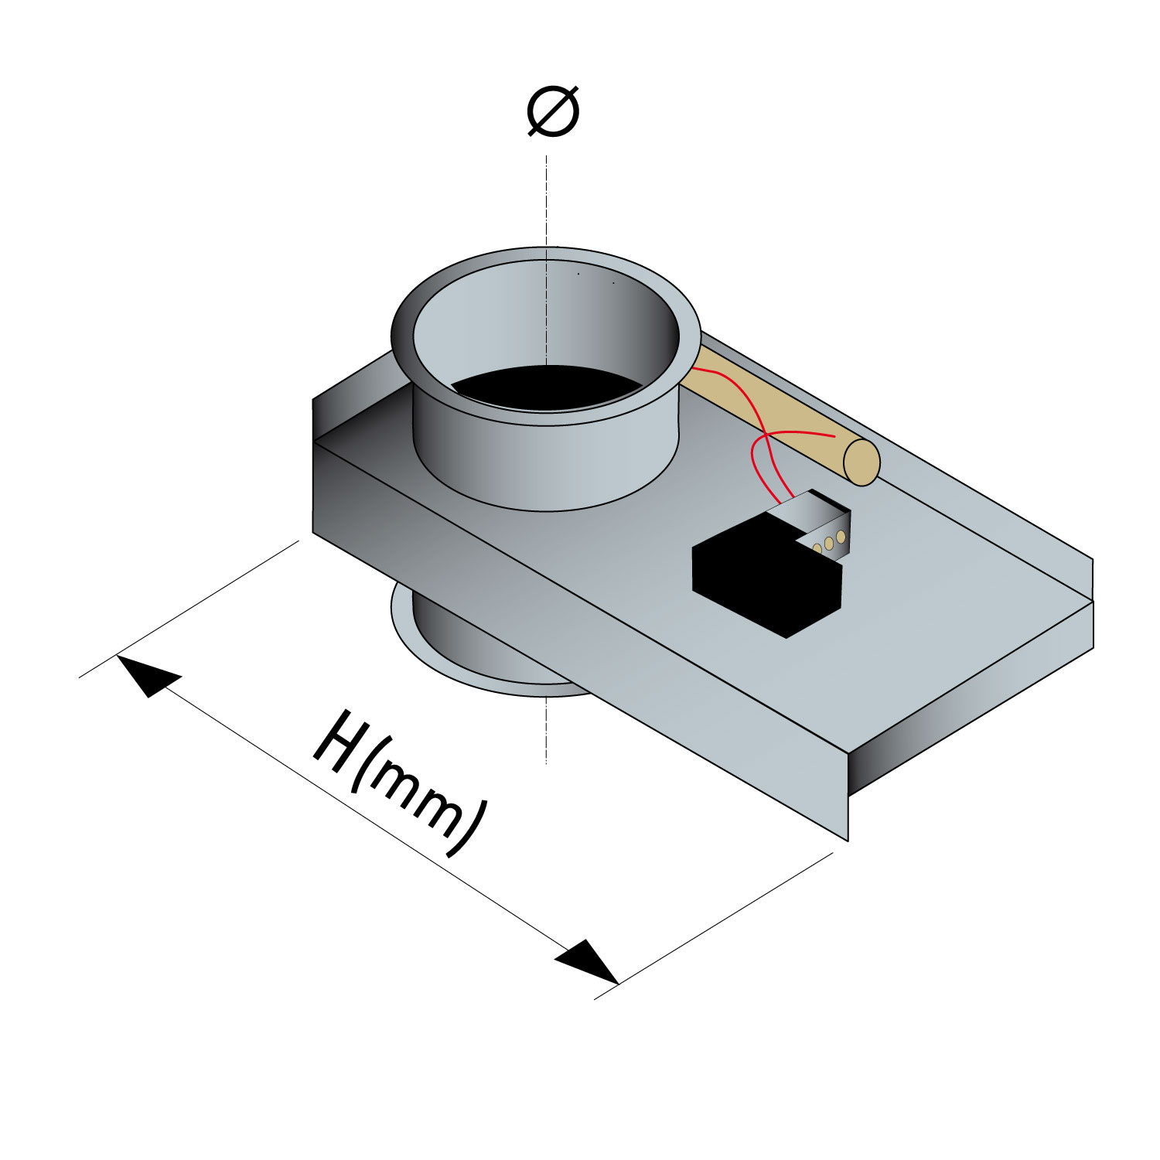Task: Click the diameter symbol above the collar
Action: pos(553,113)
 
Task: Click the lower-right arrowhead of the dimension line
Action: pos(588,962)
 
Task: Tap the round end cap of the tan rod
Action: pos(861,462)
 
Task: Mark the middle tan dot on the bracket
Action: pos(829,543)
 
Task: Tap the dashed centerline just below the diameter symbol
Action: pos(547,201)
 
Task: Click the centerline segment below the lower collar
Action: pos(547,731)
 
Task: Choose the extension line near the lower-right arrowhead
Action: pos(714,926)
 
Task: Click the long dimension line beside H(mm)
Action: pos(367,820)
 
